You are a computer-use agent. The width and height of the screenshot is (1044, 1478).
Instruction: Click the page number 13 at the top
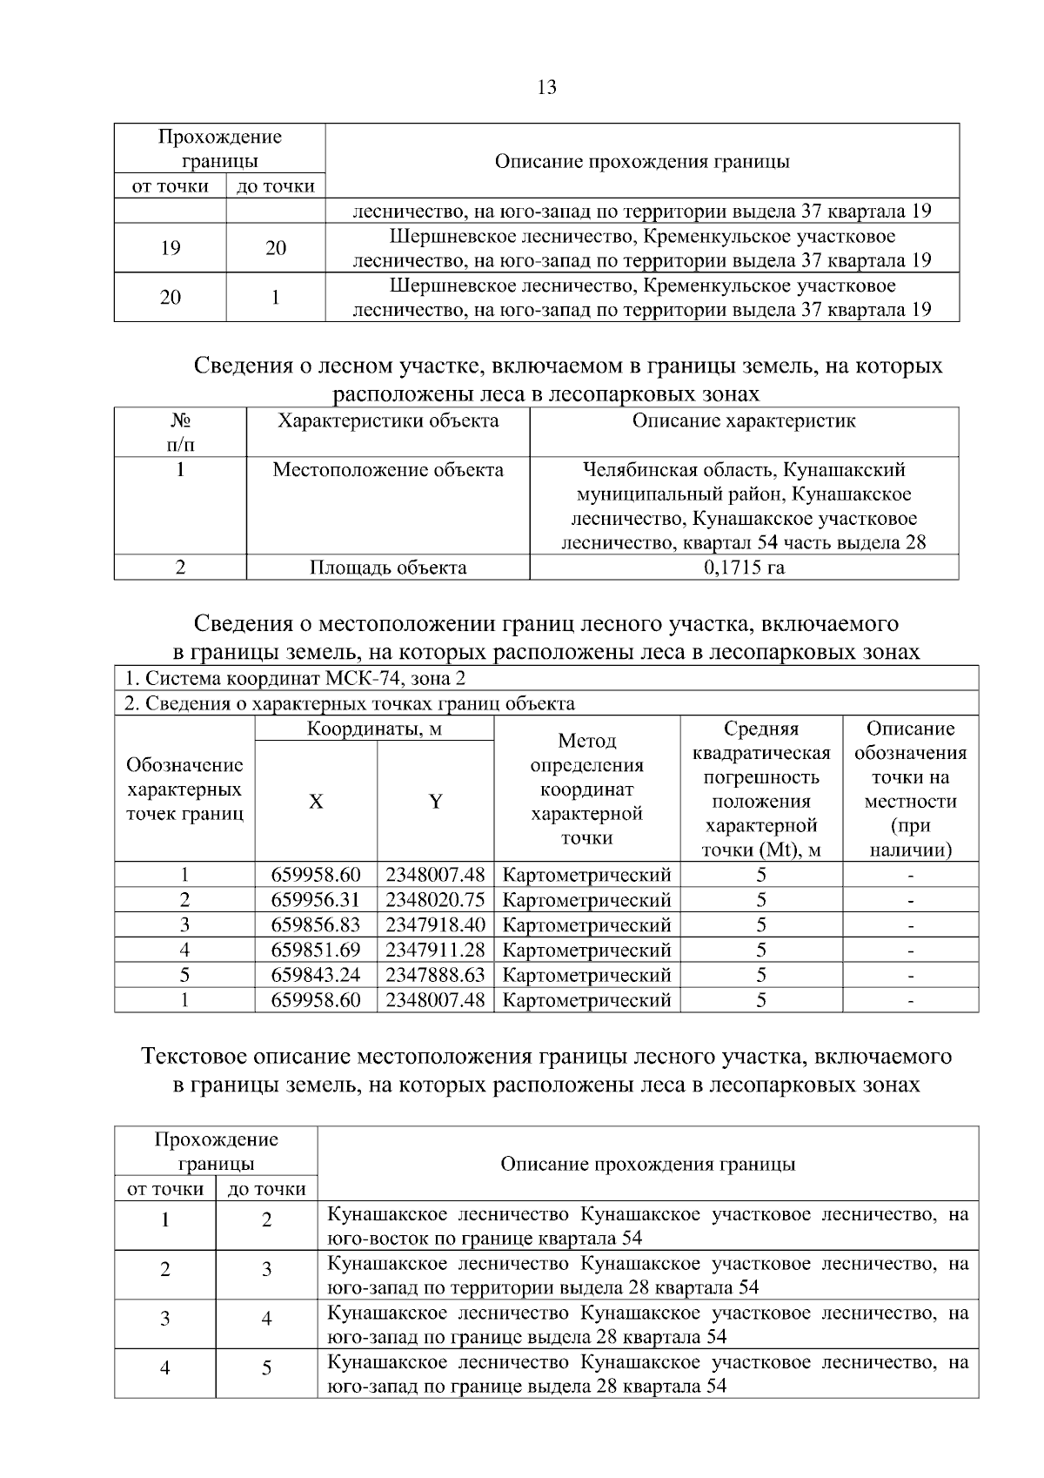547,88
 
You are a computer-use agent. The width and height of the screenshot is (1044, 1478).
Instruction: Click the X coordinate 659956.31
316,900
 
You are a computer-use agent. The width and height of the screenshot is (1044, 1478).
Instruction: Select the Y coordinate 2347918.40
435,924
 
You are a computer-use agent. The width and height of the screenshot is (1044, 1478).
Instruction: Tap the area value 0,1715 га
744,568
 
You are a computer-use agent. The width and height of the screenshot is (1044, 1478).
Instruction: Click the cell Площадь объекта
388,568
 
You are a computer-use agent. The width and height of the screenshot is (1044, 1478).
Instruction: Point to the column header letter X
316,802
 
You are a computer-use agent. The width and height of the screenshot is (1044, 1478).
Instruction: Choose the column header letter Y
435,802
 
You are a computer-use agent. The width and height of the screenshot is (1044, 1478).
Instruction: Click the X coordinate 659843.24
316,975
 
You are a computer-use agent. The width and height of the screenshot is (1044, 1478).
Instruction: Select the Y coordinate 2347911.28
435,950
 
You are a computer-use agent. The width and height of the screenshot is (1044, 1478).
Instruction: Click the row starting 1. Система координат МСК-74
296,679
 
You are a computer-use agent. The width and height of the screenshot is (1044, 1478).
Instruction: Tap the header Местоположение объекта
388,470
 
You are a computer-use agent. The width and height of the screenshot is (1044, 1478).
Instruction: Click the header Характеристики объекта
388,421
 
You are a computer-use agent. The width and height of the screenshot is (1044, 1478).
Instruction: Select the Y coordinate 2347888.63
435,975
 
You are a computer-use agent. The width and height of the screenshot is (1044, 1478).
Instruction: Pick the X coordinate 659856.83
316,924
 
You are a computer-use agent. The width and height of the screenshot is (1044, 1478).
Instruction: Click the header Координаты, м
374,729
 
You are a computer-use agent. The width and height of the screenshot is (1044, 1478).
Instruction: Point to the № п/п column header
180,433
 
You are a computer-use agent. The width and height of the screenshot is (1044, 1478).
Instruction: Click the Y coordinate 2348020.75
435,900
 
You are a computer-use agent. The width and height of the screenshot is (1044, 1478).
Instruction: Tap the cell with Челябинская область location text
744,507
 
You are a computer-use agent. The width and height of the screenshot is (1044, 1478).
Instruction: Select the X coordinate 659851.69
316,950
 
